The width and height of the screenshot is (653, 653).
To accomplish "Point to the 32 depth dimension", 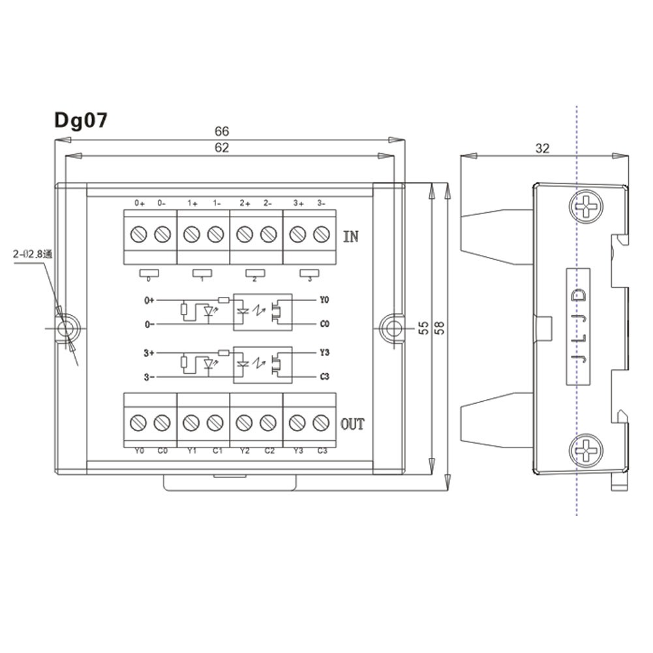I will point(542,148).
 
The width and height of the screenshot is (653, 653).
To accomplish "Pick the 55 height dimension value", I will point(423,327).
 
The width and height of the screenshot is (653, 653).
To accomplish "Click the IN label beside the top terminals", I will point(351,236).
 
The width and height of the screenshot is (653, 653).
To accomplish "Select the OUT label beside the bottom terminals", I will point(353,425).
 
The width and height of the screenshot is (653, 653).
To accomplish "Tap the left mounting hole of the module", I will point(66,328).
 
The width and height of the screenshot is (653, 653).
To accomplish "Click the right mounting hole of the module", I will point(393,328).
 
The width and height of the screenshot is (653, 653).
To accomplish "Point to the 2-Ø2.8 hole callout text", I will point(33,255).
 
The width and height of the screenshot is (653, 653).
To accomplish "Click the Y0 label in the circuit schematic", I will point(325,301).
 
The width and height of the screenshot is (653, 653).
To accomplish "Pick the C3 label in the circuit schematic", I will point(325,376).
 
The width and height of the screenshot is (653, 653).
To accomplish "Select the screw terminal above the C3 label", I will point(320,423).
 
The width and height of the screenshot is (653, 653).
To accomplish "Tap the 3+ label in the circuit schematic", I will point(149,353).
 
